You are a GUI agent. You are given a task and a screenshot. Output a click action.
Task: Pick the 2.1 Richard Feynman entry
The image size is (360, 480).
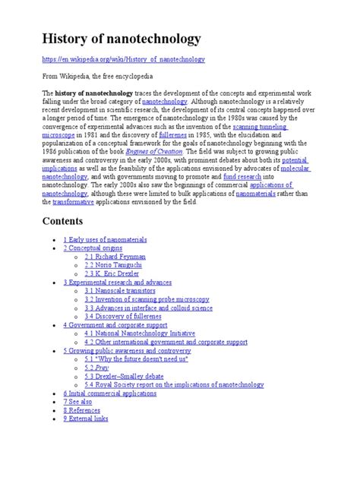click(115, 257)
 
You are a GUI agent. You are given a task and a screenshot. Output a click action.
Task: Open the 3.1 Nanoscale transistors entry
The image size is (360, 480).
click(120, 291)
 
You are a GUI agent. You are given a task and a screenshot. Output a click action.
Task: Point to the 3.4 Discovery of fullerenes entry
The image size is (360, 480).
click(125, 317)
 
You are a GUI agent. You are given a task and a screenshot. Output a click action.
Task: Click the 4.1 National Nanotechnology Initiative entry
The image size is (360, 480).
click(140, 333)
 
